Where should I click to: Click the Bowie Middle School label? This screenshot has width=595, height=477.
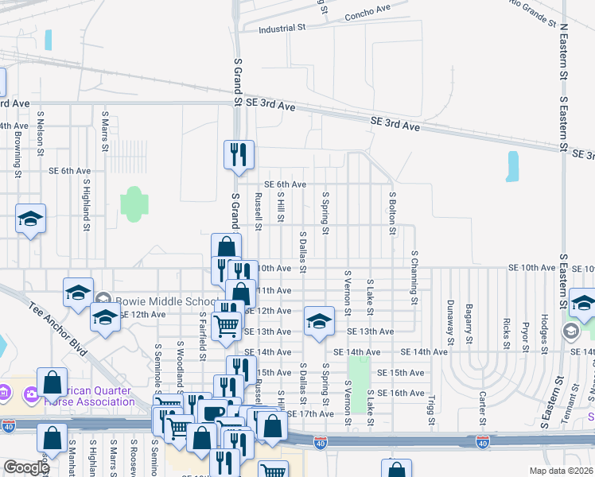tap(166, 302)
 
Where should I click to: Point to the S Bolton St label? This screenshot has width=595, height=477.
tap(392, 213)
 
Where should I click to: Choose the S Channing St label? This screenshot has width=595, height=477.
tap(414, 277)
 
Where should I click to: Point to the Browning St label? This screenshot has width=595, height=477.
tap(17, 151)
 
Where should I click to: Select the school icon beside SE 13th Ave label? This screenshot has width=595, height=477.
tap(318, 321)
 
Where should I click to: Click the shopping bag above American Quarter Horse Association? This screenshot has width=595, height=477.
tap(52, 382)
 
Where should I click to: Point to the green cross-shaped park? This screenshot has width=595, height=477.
tap(134, 204)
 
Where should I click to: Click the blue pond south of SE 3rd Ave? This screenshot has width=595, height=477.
tap(512, 166)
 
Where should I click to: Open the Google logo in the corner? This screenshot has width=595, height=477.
tap(26, 467)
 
